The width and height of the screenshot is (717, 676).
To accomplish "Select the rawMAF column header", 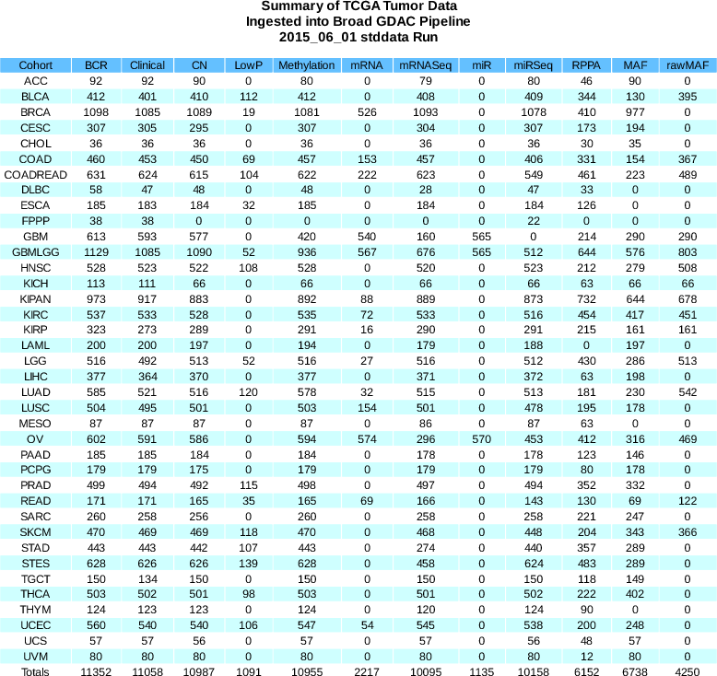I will (x=688, y=65).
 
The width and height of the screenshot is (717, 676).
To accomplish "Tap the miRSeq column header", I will (x=534, y=65).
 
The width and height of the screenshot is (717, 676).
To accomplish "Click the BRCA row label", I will (x=36, y=111).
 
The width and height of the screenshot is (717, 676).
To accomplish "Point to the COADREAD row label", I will (x=36, y=175).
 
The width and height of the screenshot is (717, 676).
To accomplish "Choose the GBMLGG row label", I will (x=36, y=251).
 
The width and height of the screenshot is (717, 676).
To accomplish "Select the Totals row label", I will (x=36, y=672).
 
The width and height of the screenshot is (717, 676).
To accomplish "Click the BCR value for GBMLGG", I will (x=96, y=251).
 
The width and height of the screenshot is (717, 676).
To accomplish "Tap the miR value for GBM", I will (x=480, y=236).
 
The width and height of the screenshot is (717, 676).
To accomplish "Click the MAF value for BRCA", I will (x=634, y=111).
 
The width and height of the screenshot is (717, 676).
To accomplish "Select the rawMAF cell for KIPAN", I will (x=688, y=298).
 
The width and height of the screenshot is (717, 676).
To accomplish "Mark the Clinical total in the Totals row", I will (x=147, y=672).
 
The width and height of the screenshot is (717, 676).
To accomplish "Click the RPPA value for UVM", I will (x=583, y=656).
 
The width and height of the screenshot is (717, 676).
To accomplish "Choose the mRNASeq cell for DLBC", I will (x=425, y=189).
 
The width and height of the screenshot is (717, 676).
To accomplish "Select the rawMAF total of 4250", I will (x=688, y=672).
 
